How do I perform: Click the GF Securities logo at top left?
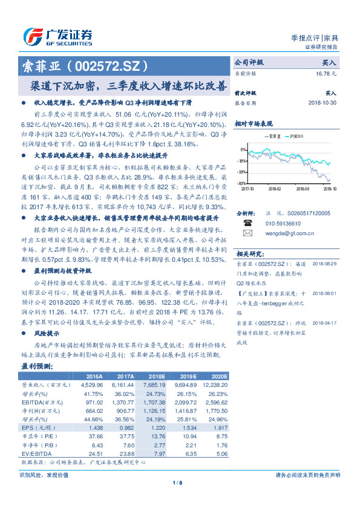point(57,37)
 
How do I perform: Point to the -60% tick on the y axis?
point(241,183)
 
